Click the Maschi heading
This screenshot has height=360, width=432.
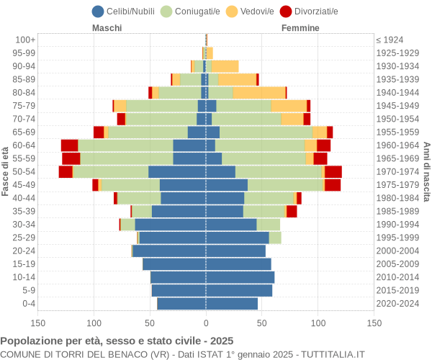click(107, 28)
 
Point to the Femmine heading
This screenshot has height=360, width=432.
click(300, 28)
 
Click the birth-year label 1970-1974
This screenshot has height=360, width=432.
click(397, 171)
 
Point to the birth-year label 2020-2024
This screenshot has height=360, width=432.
click(397, 304)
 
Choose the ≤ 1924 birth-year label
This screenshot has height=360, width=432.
click(390, 40)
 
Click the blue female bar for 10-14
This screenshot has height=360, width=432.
click(240, 277)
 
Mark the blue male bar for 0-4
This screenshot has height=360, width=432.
click(181, 304)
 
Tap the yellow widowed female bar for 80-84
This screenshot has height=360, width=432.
click(259, 92)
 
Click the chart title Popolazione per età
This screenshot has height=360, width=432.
click(117, 341)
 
